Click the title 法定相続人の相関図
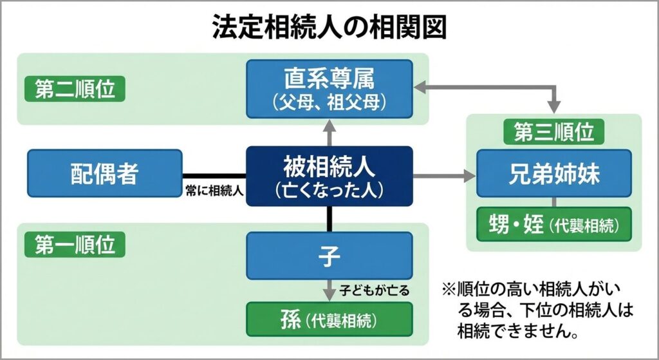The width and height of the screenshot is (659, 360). tap(329, 28)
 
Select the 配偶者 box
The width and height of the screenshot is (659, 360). tap(104, 173)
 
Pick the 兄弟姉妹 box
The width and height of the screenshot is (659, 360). tap(553, 173)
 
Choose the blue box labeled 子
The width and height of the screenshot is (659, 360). tap(329, 256)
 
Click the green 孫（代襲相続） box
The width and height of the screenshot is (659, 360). tap(329, 318)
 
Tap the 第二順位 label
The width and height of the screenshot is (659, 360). tap(74, 90)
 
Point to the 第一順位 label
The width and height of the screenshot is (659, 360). tap(74, 245)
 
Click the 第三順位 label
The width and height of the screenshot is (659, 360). tap(553, 133)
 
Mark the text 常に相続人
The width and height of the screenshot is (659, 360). tap(212, 191)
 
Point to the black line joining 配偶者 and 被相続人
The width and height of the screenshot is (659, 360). tap(214, 175)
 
